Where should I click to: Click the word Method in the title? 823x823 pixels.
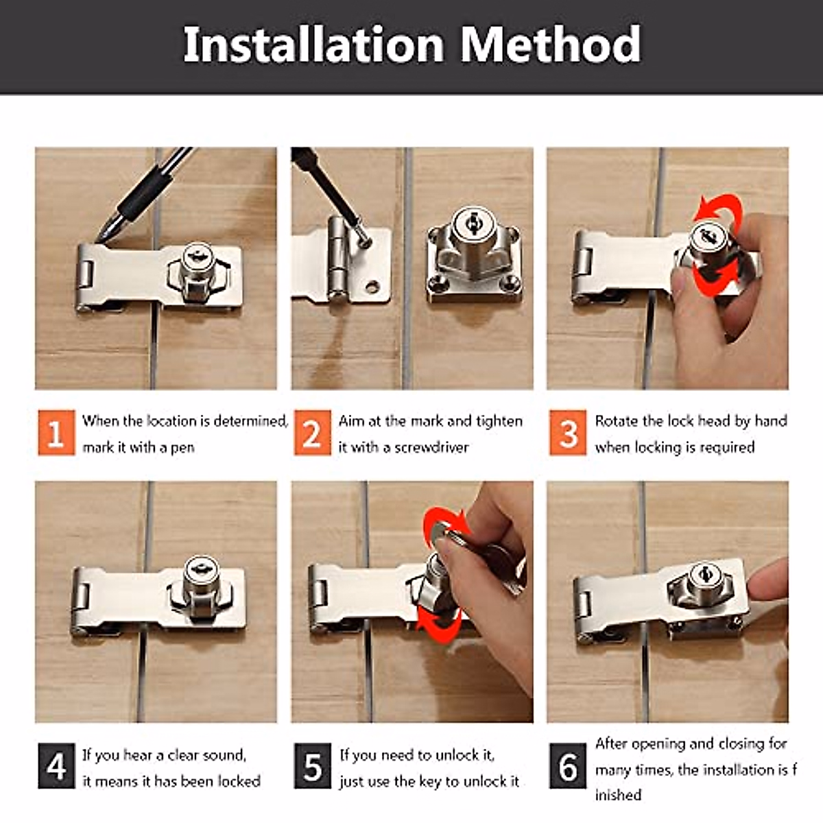click(x=550, y=45)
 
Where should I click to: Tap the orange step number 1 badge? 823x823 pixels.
click(x=56, y=433)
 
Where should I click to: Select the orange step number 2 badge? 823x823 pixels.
click(x=312, y=433)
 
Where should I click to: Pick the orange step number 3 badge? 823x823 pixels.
click(x=568, y=433)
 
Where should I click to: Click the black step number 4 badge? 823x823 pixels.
click(x=56, y=766)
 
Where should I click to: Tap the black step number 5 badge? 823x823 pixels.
click(x=312, y=766)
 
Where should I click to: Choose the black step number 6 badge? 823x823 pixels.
click(x=568, y=766)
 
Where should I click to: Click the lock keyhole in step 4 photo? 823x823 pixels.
click(x=200, y=569)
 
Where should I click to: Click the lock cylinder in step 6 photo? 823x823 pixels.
click(x=703, y=575)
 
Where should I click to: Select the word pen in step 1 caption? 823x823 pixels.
click(x=182, y=447)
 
